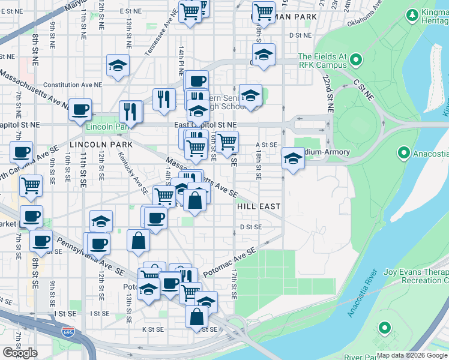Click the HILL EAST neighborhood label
tap(259, 206)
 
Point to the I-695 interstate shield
tap(67, 331)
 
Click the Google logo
tap(20, 353)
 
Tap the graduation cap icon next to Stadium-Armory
tap(292, 158)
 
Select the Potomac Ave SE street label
tap(229, 262)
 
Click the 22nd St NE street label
tap(327, 94)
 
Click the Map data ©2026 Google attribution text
tap(412, 355)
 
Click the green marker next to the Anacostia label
tap(403, 153)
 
